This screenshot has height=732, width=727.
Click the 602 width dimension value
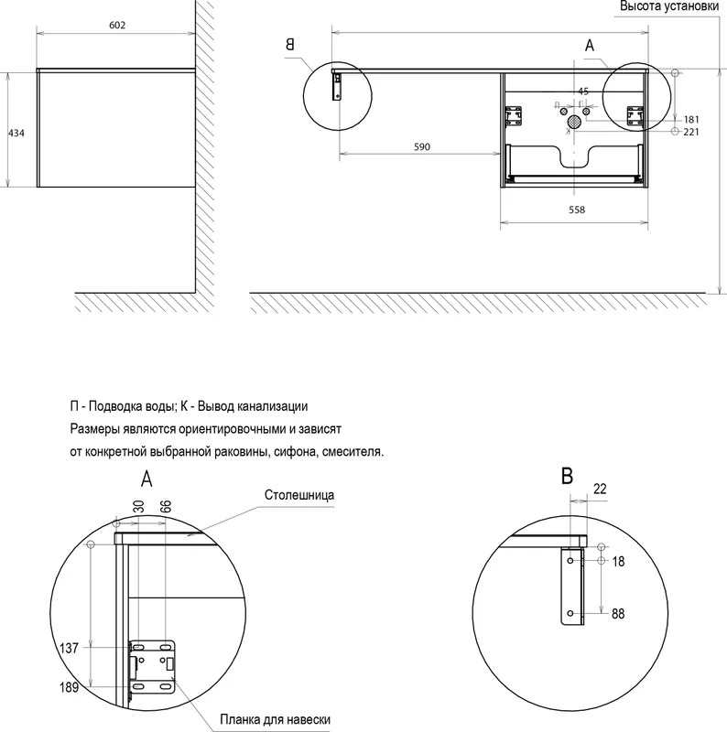pos(117,26)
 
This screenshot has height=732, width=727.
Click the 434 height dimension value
pos(16,133)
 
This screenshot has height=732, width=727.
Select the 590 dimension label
pos(421,147)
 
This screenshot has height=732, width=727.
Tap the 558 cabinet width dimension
pos(577,210)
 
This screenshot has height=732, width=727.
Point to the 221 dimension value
pos(691,132)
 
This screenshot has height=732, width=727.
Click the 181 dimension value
pos(691,120)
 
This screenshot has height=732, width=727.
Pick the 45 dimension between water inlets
pos(582,91)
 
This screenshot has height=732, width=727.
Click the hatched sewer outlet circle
pos(574,123)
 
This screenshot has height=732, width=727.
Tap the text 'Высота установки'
pos(669,6)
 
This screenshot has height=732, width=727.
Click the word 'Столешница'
pos(299,495)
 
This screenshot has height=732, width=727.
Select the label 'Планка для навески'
pos(276,719)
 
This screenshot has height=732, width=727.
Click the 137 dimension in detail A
pos(70,648)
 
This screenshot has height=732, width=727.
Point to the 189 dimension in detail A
pos(70,687)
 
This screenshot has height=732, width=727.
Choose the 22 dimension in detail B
pos(600,489)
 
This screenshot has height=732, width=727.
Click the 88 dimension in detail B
pos(618,613)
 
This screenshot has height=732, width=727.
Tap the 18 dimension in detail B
pos(618,561)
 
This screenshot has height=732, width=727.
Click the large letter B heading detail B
pos(567,477)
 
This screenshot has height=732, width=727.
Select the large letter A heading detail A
pos(146,479)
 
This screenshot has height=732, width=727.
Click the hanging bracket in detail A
pos(152,667)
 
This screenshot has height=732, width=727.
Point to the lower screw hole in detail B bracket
pos(570,613)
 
